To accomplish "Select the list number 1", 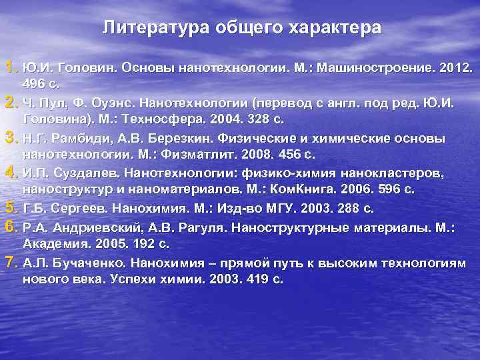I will coord(10,67).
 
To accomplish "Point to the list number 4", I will coord(10,172).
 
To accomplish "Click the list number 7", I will coord(10,262).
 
